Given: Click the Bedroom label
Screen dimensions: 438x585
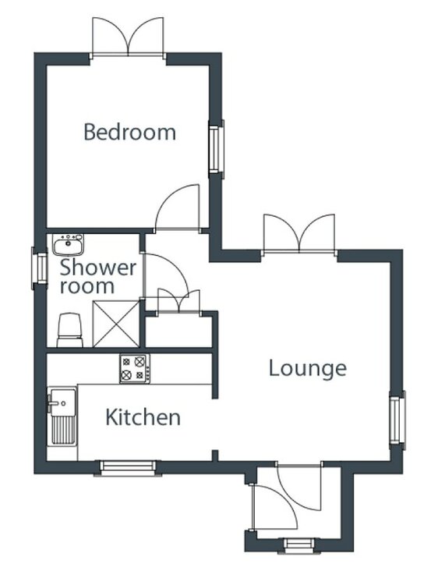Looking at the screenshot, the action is [x=129, y=132].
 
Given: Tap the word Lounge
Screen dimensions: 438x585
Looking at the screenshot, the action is [x=308, y=369].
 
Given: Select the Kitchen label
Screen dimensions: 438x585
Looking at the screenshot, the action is [x=143, y=417].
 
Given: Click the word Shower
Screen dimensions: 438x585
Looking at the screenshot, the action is [x=98, y=267].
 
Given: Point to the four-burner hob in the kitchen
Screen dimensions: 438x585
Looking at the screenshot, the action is [x=135, y=369].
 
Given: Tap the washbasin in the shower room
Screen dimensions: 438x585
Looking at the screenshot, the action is [x=68, y=245].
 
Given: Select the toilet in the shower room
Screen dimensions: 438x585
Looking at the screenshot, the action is [x=69, y=330].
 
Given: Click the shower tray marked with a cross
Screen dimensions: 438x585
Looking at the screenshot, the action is [x=116, y=324].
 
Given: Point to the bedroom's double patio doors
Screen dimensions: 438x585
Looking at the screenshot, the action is [x=128, y=37].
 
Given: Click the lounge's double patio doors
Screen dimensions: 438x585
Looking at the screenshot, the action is [x=299, y=234].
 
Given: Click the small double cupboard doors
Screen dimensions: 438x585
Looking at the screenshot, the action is [x=179, y=301].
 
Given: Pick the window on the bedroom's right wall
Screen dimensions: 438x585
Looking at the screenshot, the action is [x=215, y=147].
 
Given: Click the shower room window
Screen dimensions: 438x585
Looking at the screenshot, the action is [x=39, y=268].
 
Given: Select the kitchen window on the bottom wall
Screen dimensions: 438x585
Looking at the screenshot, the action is [x=128, y=467].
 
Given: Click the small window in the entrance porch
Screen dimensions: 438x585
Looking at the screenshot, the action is [x=299, y=544].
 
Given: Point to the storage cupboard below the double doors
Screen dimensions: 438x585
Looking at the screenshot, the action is [x=178, y=331].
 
